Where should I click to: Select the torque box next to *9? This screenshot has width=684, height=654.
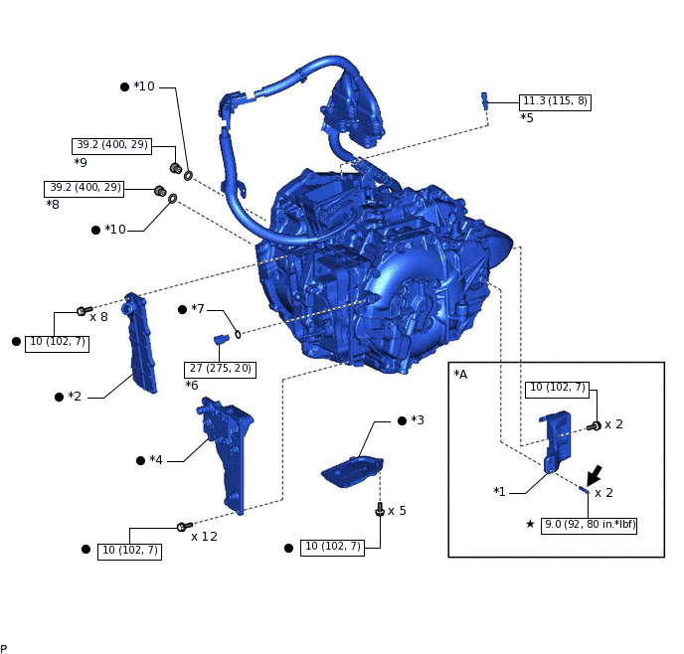point(111,145)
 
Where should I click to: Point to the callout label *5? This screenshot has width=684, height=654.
point(527,117)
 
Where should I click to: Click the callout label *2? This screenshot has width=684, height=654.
point(75,397)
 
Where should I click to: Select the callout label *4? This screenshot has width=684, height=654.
point(155,460)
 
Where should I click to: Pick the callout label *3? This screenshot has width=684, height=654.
point(417,420)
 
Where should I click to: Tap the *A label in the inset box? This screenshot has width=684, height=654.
point(460,375)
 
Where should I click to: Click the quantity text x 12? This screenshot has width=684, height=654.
point(204,537)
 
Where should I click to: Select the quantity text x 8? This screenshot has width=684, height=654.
point(98,317)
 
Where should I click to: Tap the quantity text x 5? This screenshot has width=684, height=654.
point(397,511)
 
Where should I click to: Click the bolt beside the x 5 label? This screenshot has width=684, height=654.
point(380,511)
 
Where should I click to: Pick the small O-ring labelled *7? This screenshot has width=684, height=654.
point(238,334)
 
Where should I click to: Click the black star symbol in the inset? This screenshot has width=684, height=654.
point(530,524)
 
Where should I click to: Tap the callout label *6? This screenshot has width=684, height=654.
point(192,385)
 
